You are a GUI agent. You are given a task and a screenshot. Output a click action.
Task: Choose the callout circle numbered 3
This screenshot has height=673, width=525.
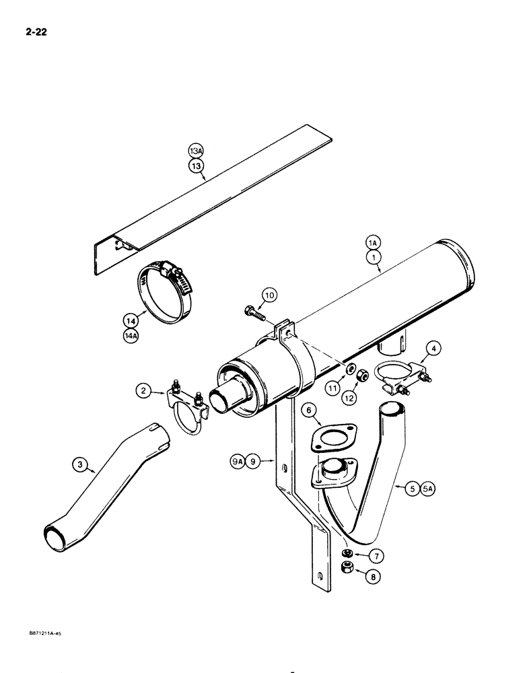click(x=81, y=463)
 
